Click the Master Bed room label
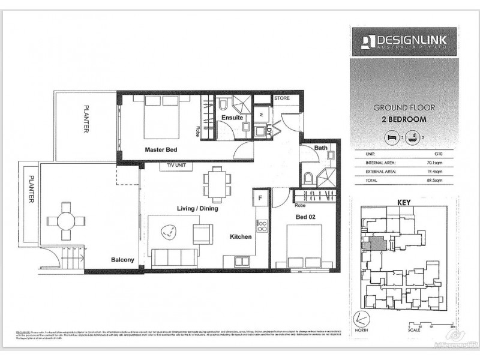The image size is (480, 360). pos(160,150)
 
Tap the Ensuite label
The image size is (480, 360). pos(232,118)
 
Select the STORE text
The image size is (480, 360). pos(282,98)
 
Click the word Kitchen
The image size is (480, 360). pos(241,237)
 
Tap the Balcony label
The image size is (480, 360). pos(122,260)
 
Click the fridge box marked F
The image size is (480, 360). pos(261,196)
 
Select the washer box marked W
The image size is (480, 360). pos(263,114)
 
